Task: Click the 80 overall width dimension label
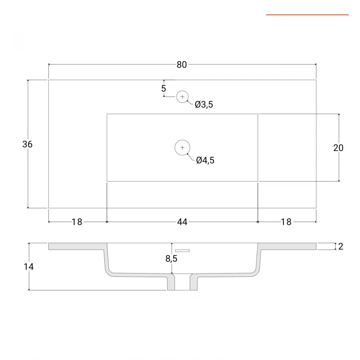(x=182, y=65)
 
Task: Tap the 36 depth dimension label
(x=27, y=144)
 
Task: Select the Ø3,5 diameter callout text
(x=204, y=104)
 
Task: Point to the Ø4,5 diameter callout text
(x=205, y=160)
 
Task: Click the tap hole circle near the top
(x=182, y=97)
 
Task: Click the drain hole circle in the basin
(x=182, y=147)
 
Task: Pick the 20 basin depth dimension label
(x=338, y=148)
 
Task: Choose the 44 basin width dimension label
(x=182, y=222)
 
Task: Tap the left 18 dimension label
(x=77, y=222)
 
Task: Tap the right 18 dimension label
(x=286, y=222)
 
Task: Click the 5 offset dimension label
(x=164, y=88)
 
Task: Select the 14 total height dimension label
(x=29, y=266)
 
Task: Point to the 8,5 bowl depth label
(x=171, y=259)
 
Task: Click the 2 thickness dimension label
(x=341, y=246)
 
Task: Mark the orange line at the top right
(x=308, y=15)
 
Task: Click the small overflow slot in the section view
(x=182, y=250)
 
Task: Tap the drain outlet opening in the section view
(x=182, y=282)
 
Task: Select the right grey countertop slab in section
(x=287, y=246)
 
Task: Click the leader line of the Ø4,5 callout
(x=191, y=157)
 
